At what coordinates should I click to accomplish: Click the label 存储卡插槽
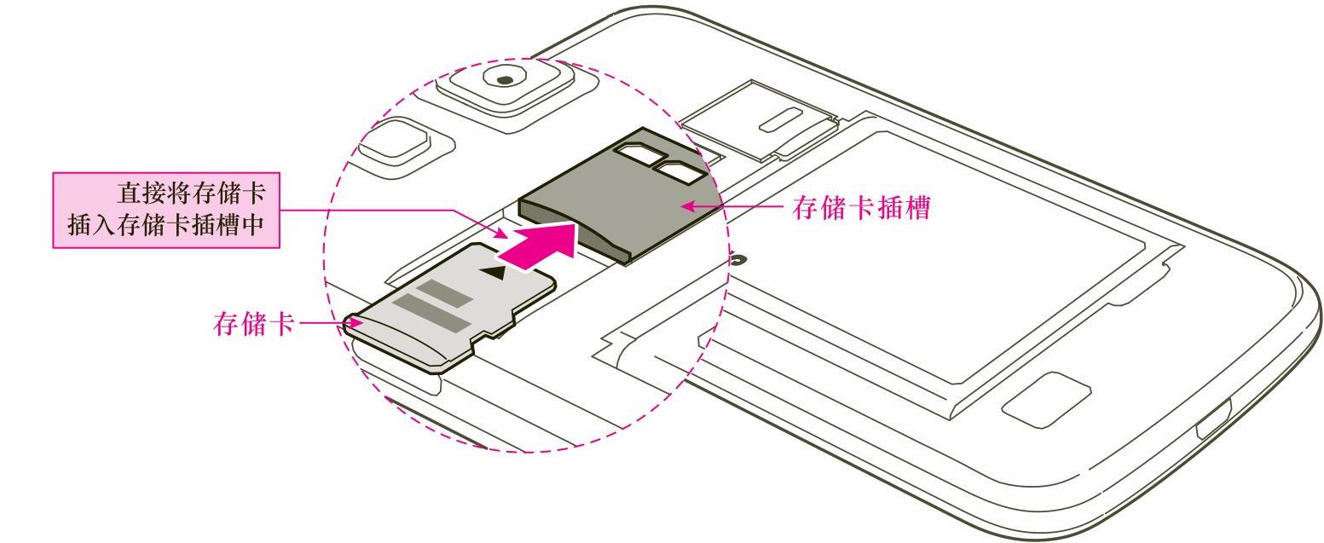click(x=860, y=207)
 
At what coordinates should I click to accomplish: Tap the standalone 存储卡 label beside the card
click(x=253, y=324)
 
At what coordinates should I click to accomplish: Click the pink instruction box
click(x=166, y=210)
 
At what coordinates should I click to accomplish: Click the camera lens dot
click(x=506, y=79)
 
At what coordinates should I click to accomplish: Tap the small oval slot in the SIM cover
click(x=778, y=120)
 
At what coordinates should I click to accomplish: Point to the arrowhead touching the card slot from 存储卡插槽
click(x=687, y=205)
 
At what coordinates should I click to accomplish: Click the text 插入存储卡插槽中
click(x=167, y=227)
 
